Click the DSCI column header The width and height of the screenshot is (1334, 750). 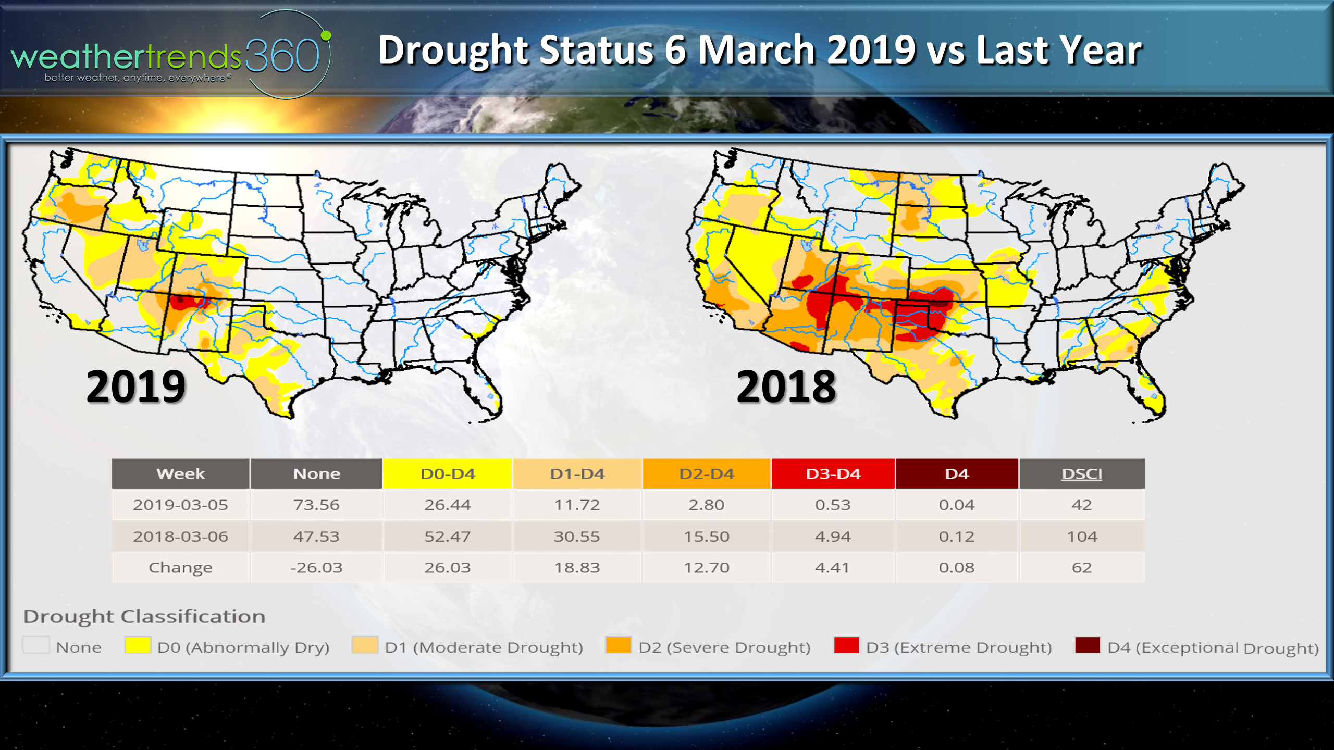1082,474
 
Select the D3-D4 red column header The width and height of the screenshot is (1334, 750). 833,474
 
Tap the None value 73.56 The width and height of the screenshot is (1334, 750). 316,505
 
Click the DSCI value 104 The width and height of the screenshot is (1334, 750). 1082,536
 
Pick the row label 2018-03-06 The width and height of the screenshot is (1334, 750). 180,536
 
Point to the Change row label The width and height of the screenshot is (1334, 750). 180,567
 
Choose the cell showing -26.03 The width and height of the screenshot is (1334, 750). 316,567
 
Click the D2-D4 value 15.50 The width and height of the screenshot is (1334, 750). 706,536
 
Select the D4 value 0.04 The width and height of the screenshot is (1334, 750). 956,505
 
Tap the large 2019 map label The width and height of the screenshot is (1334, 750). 136,386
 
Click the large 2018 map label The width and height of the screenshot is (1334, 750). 786,386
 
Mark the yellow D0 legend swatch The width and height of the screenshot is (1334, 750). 138,645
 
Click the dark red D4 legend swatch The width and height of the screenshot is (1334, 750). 1088,645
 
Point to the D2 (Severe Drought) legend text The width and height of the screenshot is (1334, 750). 724,647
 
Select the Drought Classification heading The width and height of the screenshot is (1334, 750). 144,617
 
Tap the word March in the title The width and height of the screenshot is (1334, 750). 756,51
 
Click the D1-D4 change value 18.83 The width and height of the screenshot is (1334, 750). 577,567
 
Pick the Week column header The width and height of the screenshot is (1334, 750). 180,474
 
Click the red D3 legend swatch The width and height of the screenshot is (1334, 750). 846,645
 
